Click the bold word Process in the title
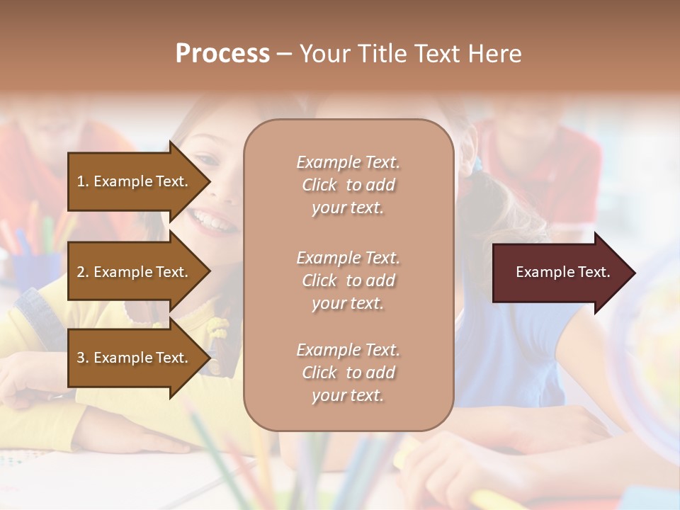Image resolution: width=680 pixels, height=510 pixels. pyautogui.click(x=222, y=54)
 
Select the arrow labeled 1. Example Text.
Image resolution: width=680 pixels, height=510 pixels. pyautogui.click(x=135, y=181)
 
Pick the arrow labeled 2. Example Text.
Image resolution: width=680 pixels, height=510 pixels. pyautogui.click(x=135, y=272)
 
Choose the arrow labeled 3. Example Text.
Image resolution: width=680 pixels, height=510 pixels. pyautogui.click(x=135, y=358)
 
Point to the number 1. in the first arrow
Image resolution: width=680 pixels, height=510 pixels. pyautogui.click(x=83, y=181)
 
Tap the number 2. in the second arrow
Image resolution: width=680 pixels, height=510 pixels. pyautogui.click(x=83, y=272)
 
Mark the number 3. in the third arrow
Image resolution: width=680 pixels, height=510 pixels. pyautogui.click(x=83, y=358)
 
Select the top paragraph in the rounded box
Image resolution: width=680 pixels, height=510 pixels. pyautogui.click(x=348, y=185)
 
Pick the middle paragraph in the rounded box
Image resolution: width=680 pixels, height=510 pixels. pyautogui.click(x=348, y=280)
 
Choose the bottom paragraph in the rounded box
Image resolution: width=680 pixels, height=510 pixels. pyautogui.click(x=348, y=373)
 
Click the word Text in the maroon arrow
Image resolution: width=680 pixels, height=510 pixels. pyautogui.click(x=594, y=272)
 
